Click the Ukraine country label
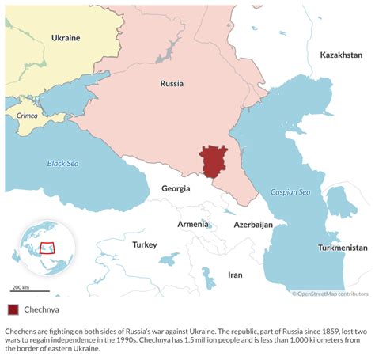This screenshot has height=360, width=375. [x=66, y=38]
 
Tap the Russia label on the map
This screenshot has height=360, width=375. [x=172, y=83]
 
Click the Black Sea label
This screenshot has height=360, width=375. [x=62, y=164]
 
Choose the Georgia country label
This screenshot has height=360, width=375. [x=176, y=188]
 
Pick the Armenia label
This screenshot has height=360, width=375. [x=193, y=224]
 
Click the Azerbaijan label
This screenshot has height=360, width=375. [x=253, y=225]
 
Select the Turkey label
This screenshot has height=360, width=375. [x=145, y=244]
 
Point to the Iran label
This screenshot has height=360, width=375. [x=235, y=275]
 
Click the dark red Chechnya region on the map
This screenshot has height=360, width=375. [x=214, y=162]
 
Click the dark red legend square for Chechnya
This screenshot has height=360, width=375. [x=13, y=310]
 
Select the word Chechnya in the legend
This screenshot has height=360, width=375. [x=43, y=310]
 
